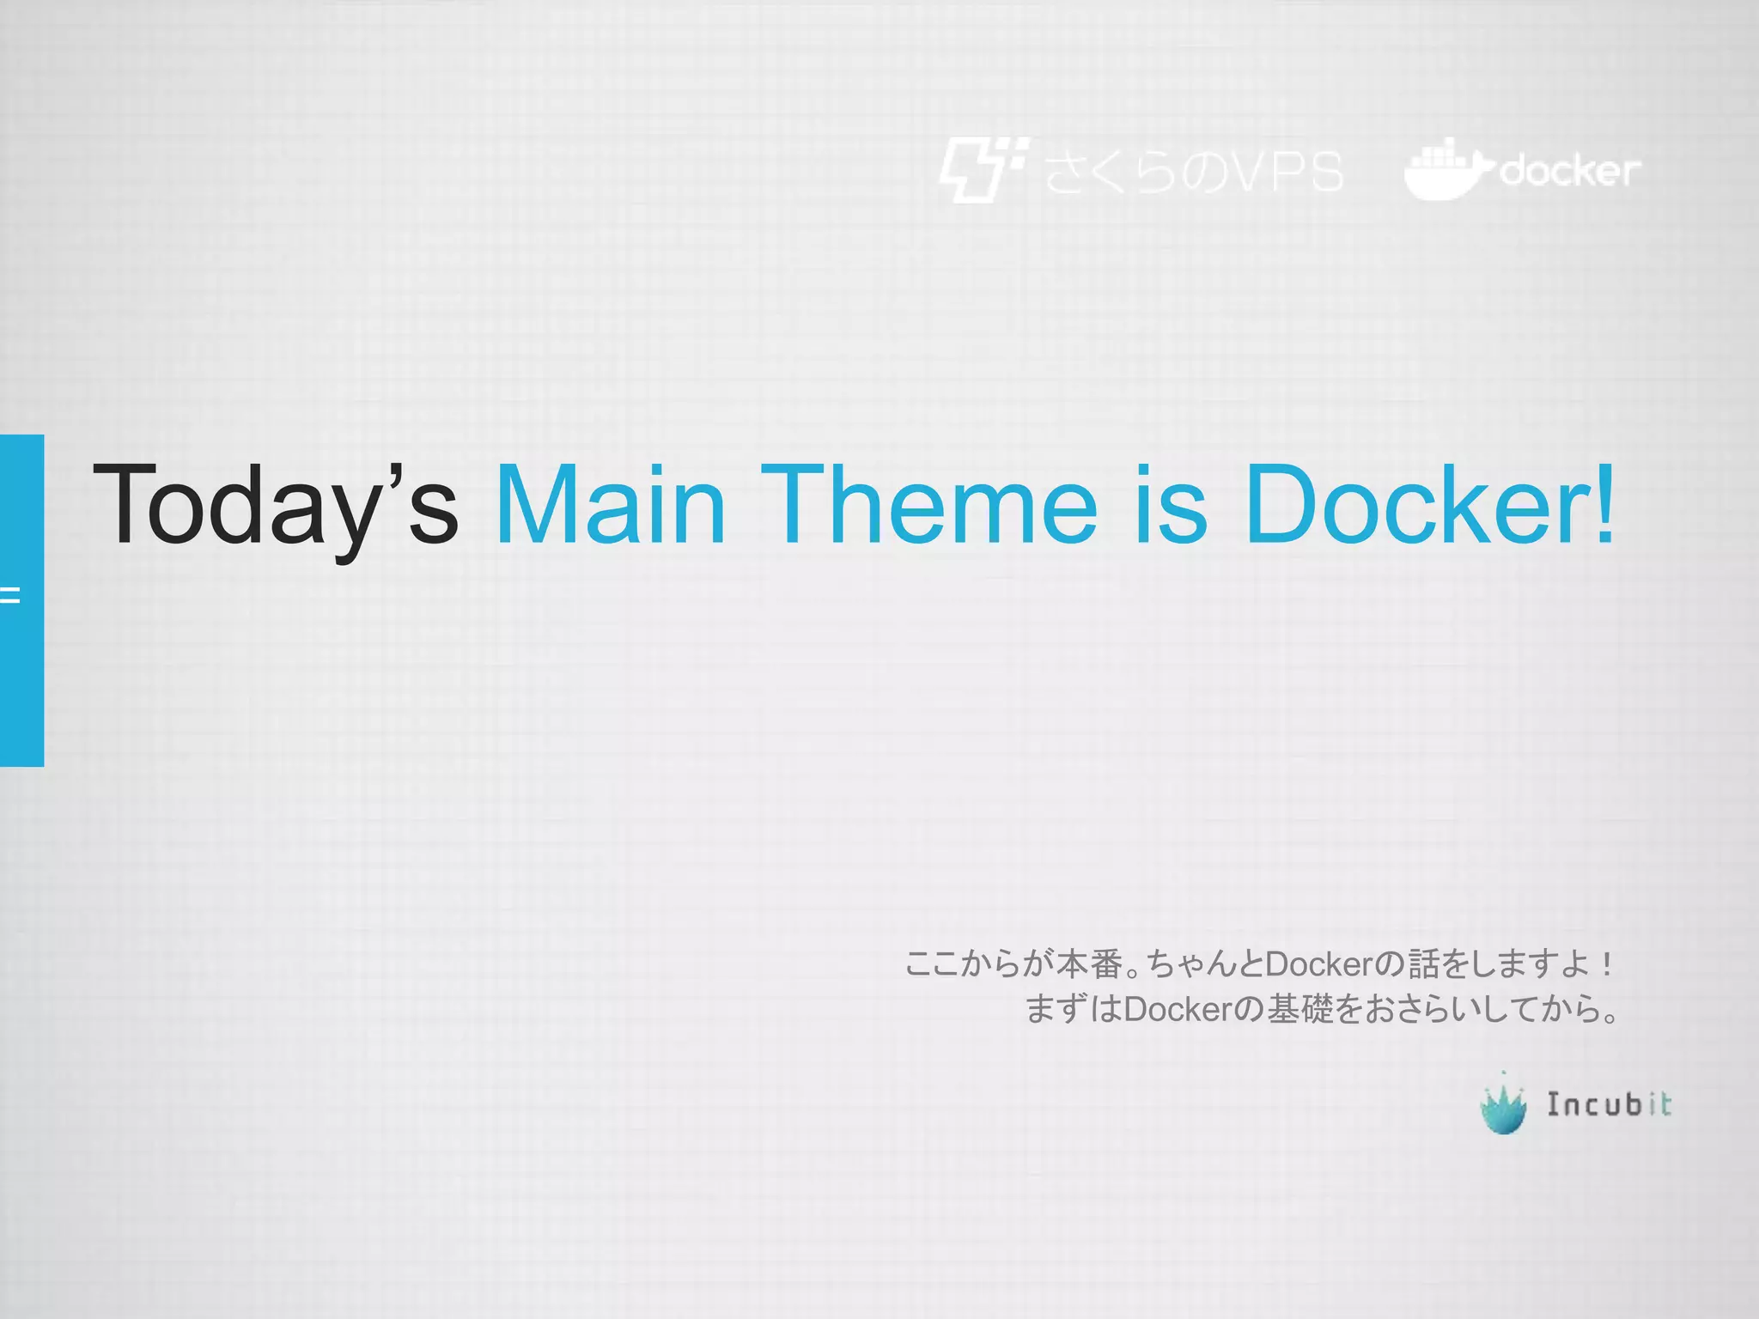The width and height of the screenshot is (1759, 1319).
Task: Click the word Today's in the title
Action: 275,505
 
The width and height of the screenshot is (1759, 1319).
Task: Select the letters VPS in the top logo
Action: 1283,172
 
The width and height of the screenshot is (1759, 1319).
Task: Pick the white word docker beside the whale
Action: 1569,172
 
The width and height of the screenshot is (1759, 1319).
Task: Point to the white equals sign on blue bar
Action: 9,594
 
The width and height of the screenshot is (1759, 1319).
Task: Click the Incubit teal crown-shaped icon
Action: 1503,1106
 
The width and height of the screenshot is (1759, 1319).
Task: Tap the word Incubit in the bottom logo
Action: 1609,1104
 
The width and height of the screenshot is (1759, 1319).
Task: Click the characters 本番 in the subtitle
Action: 1088,964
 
